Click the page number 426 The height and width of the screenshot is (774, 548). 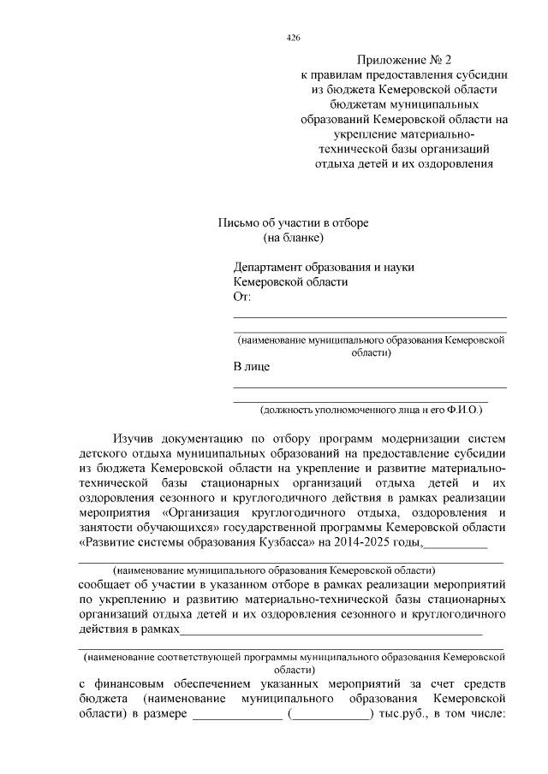[x=293, y=38]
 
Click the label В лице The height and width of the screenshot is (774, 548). [x=252, y=367]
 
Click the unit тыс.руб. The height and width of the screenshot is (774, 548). [x=403, y=715]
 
